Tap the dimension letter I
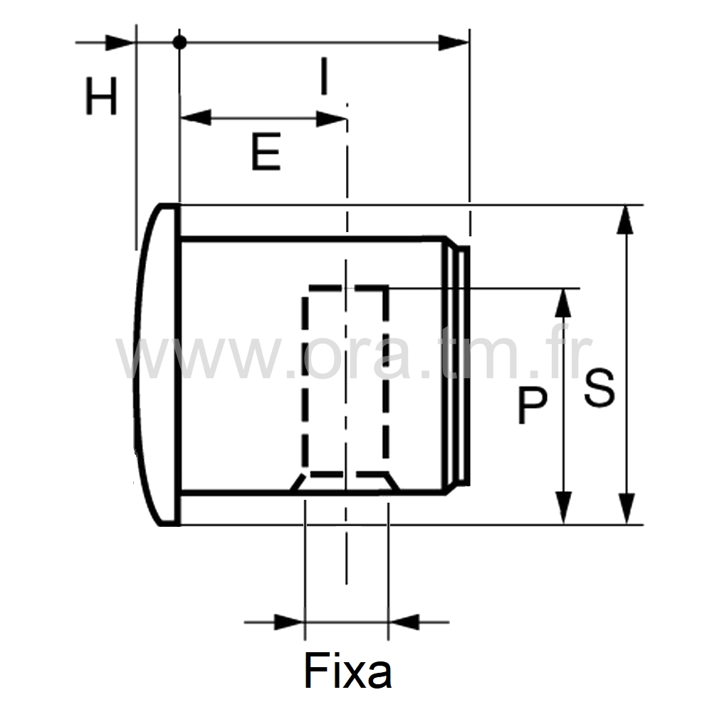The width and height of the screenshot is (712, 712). [324, 76]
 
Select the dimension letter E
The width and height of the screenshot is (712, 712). [266, 151]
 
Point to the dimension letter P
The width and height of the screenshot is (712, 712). [532, 407]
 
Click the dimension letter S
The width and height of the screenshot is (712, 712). [599, 388]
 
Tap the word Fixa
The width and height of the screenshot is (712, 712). [348, 671]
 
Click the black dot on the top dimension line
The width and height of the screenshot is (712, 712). [179, 43]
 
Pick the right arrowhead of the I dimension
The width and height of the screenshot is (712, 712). [454, 43]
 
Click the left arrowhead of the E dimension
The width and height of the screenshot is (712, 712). [196, 117]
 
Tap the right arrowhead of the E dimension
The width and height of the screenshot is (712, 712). [331, 117]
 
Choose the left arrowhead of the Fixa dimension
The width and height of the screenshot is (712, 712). [289, 622]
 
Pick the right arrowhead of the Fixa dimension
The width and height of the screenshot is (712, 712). [404, 622]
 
